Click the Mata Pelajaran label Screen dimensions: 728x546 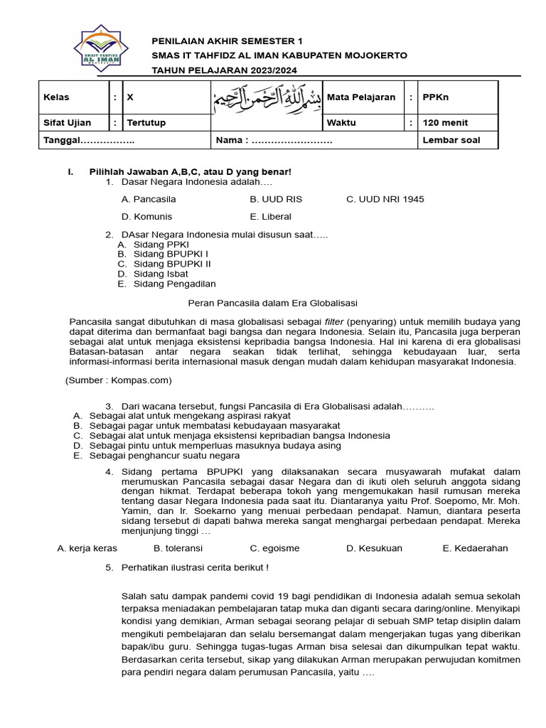pyautogui.click(x=360, y=97)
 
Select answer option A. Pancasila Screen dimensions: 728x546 pyautogui.click(x=149, y=199)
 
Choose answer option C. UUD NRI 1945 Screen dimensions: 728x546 pyautogui.click(x=385, y=199)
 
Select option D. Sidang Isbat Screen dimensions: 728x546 pyautogui.click(x=153, y=274)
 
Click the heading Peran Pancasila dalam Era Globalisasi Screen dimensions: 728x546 pyautogui.click(x=272, y=302)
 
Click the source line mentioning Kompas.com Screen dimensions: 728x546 pyautogui.click(x=119, y=380)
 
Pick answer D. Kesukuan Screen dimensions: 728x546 pyautogui.click(x=374, y=548)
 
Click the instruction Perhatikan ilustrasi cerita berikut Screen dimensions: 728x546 pyautogui.click(x=195, y=567)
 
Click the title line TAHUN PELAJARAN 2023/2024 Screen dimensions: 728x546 pyautogui.click(x=224, y=70)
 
